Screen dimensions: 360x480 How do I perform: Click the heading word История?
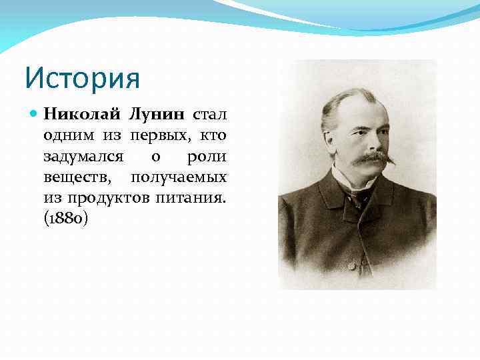[x=82, y=77]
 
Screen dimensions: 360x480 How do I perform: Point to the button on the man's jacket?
[x=351, y=265]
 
